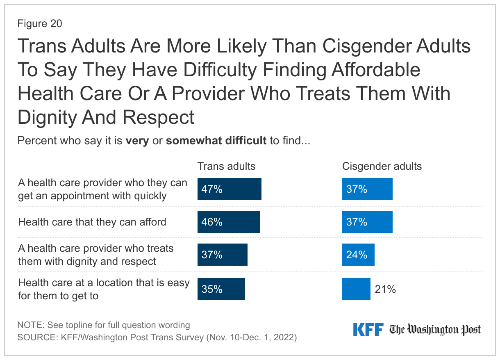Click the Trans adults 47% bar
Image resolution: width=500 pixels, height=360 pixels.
point(229,189)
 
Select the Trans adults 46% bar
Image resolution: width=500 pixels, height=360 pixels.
point(228,222)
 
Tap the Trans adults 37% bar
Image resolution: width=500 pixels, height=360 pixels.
point(222,255)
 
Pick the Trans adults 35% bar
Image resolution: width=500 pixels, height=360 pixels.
point(221,289)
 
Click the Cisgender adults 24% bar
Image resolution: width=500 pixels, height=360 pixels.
point(358,255)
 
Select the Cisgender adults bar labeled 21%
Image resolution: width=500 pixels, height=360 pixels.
point(356,289)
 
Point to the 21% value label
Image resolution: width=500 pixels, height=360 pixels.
point(385,289)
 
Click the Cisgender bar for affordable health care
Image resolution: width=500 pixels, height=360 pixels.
point(367,222)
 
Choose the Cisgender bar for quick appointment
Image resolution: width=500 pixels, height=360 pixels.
point(367,189)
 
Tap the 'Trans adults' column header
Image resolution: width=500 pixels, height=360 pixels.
point(226,166)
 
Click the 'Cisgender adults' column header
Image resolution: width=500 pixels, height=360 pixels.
point(382,166)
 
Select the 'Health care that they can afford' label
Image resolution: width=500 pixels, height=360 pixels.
point(92,222)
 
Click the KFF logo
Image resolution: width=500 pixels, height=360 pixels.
point(368,329)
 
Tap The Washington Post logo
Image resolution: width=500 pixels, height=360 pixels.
point(435,329)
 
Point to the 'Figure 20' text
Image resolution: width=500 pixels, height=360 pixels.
point(40,24)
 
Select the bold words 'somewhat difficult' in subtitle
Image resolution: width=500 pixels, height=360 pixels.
point(216,141)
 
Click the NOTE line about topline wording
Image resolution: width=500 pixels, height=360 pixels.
point(104,325)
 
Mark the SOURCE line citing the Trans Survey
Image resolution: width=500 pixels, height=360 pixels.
point(157,337)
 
